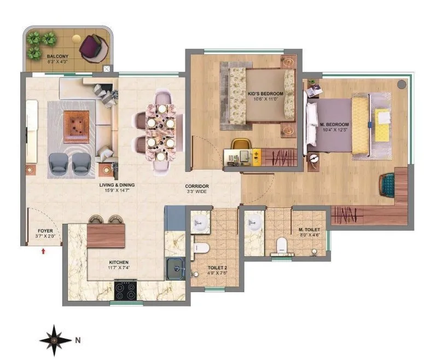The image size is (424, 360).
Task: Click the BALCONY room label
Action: pyautogui.click(x=57, y=56)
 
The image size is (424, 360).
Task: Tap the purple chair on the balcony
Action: pyautogui.click(x=90, y=47)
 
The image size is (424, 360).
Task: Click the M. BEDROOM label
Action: pyautogui.click(x=334, y=125)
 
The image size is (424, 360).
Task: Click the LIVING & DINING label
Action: pyautogui.click(x=117, y=185)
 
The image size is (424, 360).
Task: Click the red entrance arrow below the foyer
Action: pyautogui.click(x=43, y=251)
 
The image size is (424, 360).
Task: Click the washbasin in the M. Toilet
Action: pyautogui.click(x=253, y=222)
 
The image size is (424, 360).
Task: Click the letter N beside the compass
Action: pyautogui.click(x=78, y=340)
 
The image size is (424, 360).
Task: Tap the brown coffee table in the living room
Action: pyautogui.click(x=76, y=126)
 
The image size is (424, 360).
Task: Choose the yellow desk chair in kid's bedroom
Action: pyautogui.click(x=239, y=144)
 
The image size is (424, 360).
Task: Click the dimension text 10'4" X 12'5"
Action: pyautogui.click(x=334, y=130)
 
